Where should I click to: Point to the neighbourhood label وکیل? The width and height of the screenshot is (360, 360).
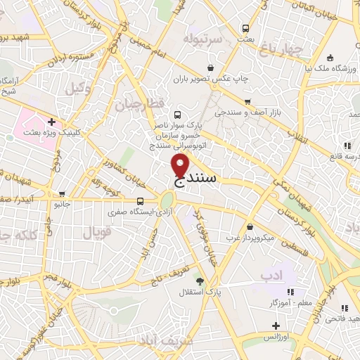[x=79, y=89]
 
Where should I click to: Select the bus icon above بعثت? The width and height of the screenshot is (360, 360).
[x=245, y=28]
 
